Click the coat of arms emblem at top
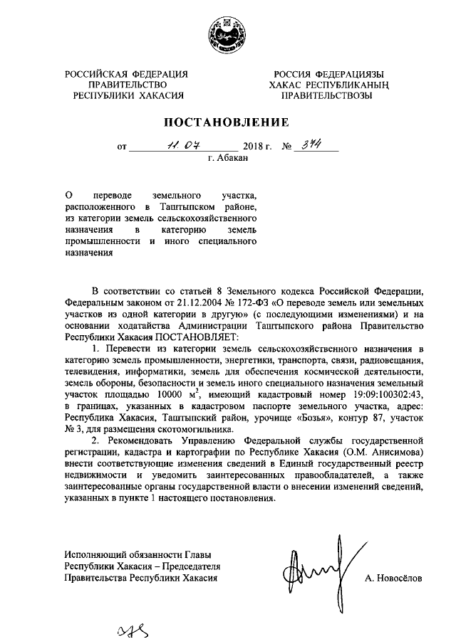pos(228,33)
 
